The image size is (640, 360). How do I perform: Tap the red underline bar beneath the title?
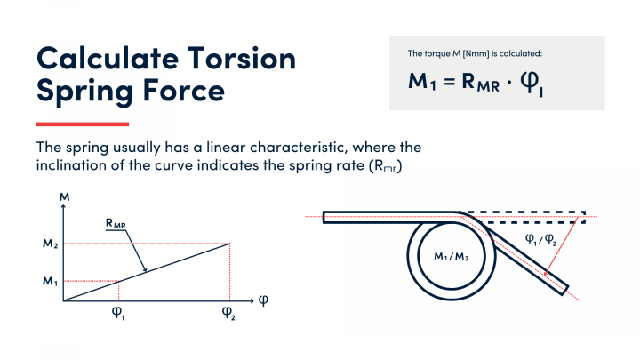[82, 124]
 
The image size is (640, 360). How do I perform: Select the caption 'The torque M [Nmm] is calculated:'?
[468, 55]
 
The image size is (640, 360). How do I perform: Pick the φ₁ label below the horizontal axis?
[117, 314]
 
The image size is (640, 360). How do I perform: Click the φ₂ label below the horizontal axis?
[228, 314]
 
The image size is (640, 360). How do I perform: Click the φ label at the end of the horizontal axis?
[263, 300]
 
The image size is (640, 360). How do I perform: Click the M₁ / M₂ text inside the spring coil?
[452, 257]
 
